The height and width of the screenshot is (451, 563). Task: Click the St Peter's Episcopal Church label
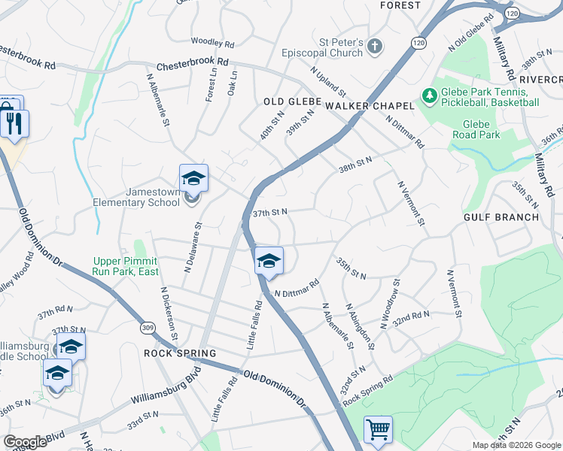(x=333, y=47)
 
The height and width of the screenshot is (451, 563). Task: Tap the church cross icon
(x=375, y=47)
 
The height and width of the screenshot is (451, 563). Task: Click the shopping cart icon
(x=378, y=430)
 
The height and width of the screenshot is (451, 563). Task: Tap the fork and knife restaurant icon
(x=14, y=123)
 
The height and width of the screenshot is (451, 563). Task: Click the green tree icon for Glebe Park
(x=429, y=96)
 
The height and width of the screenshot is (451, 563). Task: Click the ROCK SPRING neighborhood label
(x=180, y=353)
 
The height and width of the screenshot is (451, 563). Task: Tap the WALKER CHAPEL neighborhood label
(x=370, y=106)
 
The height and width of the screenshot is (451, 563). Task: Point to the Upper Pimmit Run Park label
(x=126, y=266)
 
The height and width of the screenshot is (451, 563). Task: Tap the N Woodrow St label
(x=390, y=303)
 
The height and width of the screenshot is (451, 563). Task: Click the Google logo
(x=26, y=442)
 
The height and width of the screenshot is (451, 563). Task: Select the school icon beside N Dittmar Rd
(x=269, y=261)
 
